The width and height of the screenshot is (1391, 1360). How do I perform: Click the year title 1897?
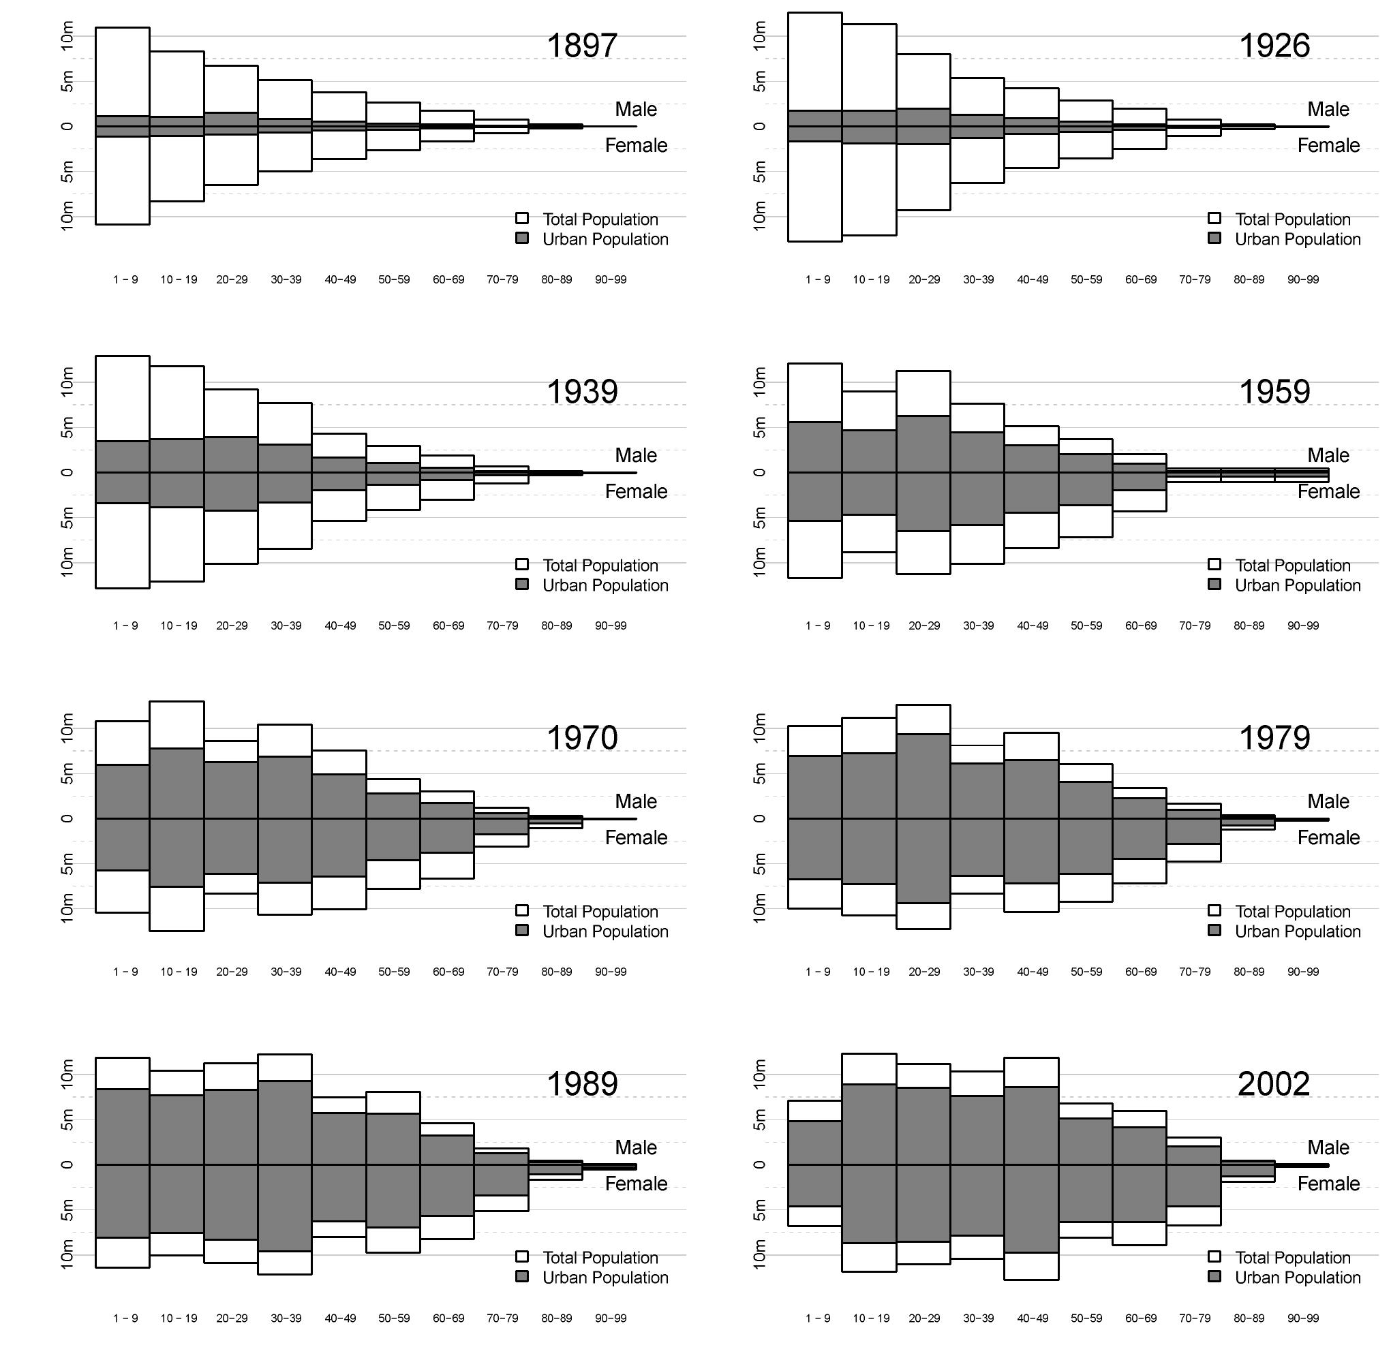(x=581, y=46)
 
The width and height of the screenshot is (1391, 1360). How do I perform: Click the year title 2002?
(x=1273, y=1083)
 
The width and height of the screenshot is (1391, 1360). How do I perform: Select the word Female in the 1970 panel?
(x=636, y=837)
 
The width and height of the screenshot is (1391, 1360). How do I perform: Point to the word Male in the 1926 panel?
(x=1328, y=109)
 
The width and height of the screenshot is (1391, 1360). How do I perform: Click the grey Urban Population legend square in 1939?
(x=522, y=585)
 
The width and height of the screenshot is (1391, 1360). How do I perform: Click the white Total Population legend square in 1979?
(x=1214, y=911)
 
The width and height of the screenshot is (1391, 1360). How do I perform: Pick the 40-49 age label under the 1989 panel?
(x=340, y=1318)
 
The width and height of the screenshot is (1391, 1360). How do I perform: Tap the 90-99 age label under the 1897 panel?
(x=610, y=280)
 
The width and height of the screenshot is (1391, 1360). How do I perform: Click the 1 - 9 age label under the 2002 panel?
(x=817, y=1318)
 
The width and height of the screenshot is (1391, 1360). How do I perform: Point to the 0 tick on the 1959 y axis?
(x=759, y=472)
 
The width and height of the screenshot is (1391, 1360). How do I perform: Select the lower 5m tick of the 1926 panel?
(x=759, y=172)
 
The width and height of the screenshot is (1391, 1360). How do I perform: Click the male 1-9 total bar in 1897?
(x=122, y=72)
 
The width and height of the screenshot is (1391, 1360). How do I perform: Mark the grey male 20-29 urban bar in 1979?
(x=923, y=775)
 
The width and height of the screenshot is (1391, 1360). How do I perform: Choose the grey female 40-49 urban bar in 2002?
(x=1031, y=1207)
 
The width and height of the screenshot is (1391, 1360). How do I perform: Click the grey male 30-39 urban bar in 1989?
(x=284, y=1122)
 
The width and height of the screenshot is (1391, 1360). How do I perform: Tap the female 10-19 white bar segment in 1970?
(x=177, y=908)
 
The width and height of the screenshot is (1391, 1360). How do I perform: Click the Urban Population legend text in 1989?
(x=605, y=1277)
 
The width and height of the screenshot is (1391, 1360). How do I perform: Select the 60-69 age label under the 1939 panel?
(x=448, y=625)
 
